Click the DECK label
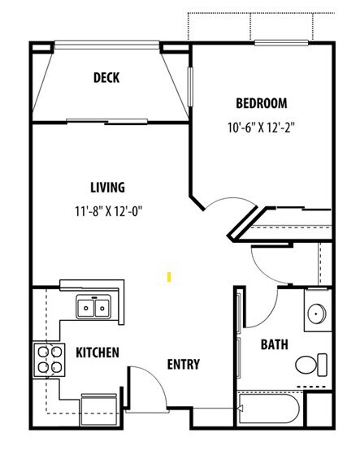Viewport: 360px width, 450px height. click(107, 78)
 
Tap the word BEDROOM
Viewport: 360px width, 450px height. click(261, 103)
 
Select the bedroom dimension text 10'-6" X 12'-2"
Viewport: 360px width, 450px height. click(262, 128)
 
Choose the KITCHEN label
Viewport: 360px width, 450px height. click(98, 353)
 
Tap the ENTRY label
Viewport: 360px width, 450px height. click(183, 364)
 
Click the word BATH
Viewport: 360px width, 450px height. click(273, 344)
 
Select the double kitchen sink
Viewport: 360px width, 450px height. click(94, 308)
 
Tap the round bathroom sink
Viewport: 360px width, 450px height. click(317, 315)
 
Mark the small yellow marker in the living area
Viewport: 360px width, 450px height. click(168, 276)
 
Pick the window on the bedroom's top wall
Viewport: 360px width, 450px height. click(280, 41)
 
